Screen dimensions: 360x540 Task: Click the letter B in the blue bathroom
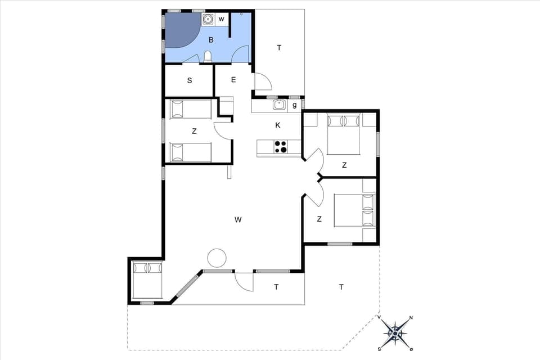[211, 40]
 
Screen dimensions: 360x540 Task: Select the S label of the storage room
[190, 80]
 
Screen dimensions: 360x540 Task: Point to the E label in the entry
[233, 80]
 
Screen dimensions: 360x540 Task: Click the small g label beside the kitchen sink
[294, 105]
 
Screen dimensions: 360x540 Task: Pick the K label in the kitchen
[277, 125]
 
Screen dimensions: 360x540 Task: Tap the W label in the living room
[238, 219]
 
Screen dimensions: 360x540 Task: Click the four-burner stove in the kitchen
[280, 147]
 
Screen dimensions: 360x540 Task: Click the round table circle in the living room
[217, 258]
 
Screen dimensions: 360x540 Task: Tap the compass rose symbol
[396, 334]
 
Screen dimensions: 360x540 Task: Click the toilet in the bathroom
[208, 56]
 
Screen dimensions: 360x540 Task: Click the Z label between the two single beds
[194, 131]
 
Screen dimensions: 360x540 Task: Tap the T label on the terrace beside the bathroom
[279, 48]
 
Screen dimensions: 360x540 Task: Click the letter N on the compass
[411, 318]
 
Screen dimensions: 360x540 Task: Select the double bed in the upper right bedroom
[343, 134]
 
